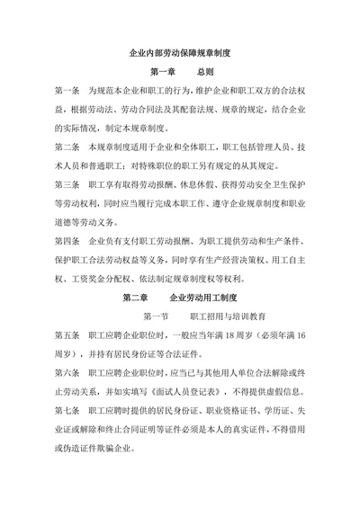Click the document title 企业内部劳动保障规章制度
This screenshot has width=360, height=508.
click(181, 54)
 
